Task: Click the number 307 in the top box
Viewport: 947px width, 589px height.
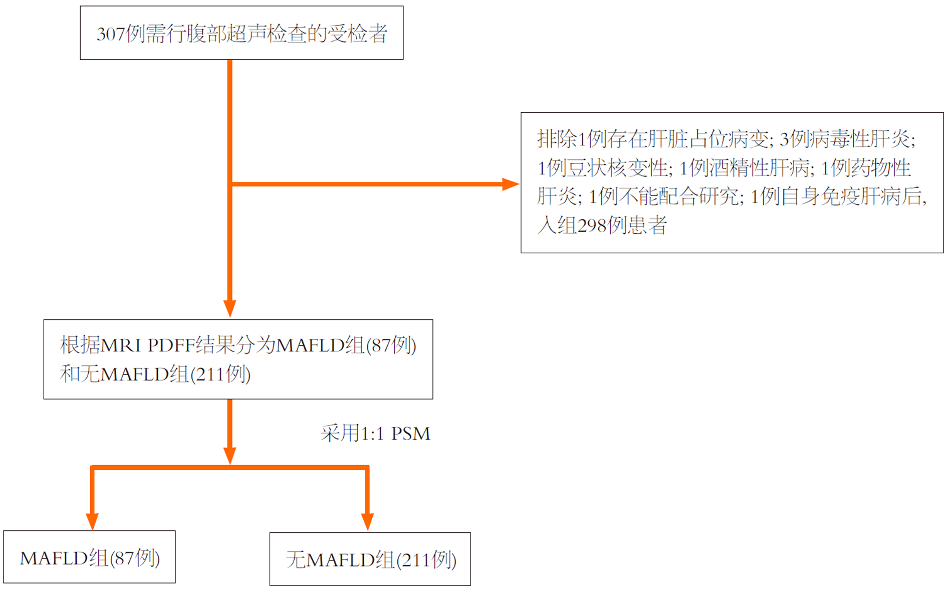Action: tap(110, 34)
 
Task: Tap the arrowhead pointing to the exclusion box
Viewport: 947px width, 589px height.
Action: tap(510, 184)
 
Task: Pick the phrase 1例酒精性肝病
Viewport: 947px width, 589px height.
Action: tap(744, 168)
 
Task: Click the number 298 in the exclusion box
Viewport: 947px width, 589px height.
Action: tap(592, 226)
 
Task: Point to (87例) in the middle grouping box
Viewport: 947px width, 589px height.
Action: tap(391, 345)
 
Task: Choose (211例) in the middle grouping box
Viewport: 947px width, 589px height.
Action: tap(220, 374)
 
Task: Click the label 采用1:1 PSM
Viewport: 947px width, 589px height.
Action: tap(375, 434)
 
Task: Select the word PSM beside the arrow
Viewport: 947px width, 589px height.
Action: tap(410, 434)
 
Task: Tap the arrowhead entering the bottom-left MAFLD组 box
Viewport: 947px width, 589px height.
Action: tap(92, 521)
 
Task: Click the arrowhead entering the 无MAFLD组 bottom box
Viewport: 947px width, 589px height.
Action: tap(367, 521)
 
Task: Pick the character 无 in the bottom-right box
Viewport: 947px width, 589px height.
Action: tap(296, 560)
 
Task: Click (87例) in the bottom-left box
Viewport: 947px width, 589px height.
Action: tap(134, 558)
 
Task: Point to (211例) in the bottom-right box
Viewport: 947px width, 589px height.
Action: tap(426, 560)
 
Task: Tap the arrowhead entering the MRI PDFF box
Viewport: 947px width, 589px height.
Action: tap(230, 308)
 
